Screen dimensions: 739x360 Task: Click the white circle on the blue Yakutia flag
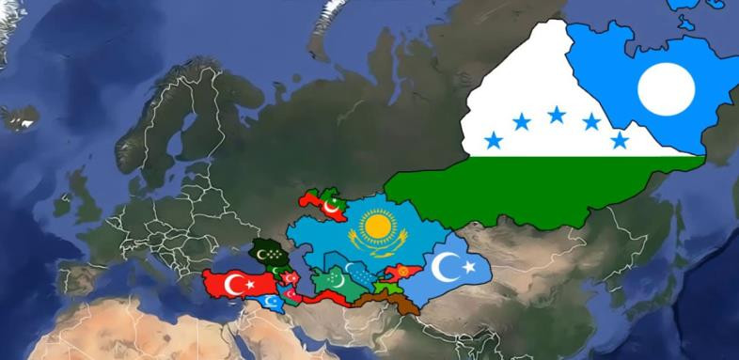(665, 90)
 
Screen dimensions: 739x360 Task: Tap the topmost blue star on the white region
(557, 114)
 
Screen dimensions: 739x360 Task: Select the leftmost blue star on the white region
(493, 141)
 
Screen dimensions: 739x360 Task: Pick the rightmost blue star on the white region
(620, 140)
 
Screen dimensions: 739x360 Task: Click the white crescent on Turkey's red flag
(228, 281)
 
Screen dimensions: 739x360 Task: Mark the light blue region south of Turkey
(271, 302)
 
